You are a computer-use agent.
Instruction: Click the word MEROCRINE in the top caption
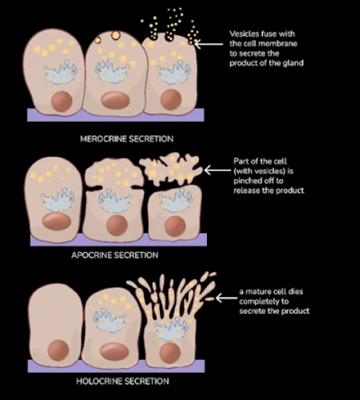click(x=103, y=139)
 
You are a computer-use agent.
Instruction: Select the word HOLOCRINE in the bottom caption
click(x=98, y=381)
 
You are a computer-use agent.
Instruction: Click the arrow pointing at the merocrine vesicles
click(x=209, y=44)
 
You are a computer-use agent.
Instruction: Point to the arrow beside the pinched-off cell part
click(x=218, y=170)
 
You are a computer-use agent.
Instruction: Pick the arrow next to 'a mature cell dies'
click(x=226, y=298)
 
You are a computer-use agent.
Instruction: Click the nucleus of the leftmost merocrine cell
click(x=62, y=102)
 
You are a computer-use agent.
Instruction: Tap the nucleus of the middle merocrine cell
click(x=116, y=101)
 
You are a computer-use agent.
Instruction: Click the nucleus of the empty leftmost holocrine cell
click(x=58, y=350)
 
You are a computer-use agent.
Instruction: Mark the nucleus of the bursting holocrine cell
click(x=170, y=353)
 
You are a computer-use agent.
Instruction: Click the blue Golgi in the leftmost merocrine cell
click(x=60, y=73)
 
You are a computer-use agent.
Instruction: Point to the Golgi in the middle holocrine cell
click(x=110, y=320)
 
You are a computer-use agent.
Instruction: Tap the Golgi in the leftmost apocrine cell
click(x=58, y=200)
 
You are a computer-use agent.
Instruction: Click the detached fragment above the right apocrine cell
click(x=171, y=170)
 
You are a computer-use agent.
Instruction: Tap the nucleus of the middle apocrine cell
click(x=117, y=226)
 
